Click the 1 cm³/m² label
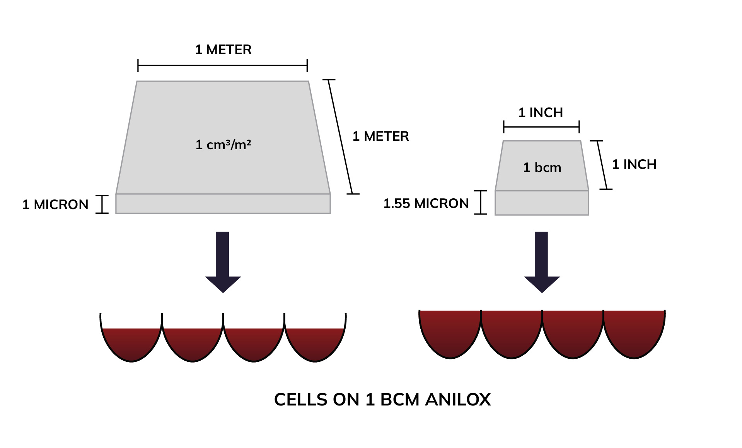(x=223, y=145)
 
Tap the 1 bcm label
(x=542, y=167)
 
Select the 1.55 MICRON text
(x=426, y=203)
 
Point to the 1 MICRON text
(x=55, y=204)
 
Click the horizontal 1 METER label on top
(x=223, y=49)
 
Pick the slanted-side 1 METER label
(x=380, y=136)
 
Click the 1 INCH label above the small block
(x=541, y=112)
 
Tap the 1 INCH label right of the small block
(x=634, y=164)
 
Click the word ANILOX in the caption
(x=458, y=400)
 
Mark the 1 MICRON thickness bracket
(x=102, y=204)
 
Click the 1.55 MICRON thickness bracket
(x=480, y=202)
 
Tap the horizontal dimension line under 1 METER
(x=222, y=66)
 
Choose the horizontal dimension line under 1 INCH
(x=541, y=127)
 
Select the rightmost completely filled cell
(x=634, y=332)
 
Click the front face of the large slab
(x=223, y=204)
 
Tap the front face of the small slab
(x=542, y=203)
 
